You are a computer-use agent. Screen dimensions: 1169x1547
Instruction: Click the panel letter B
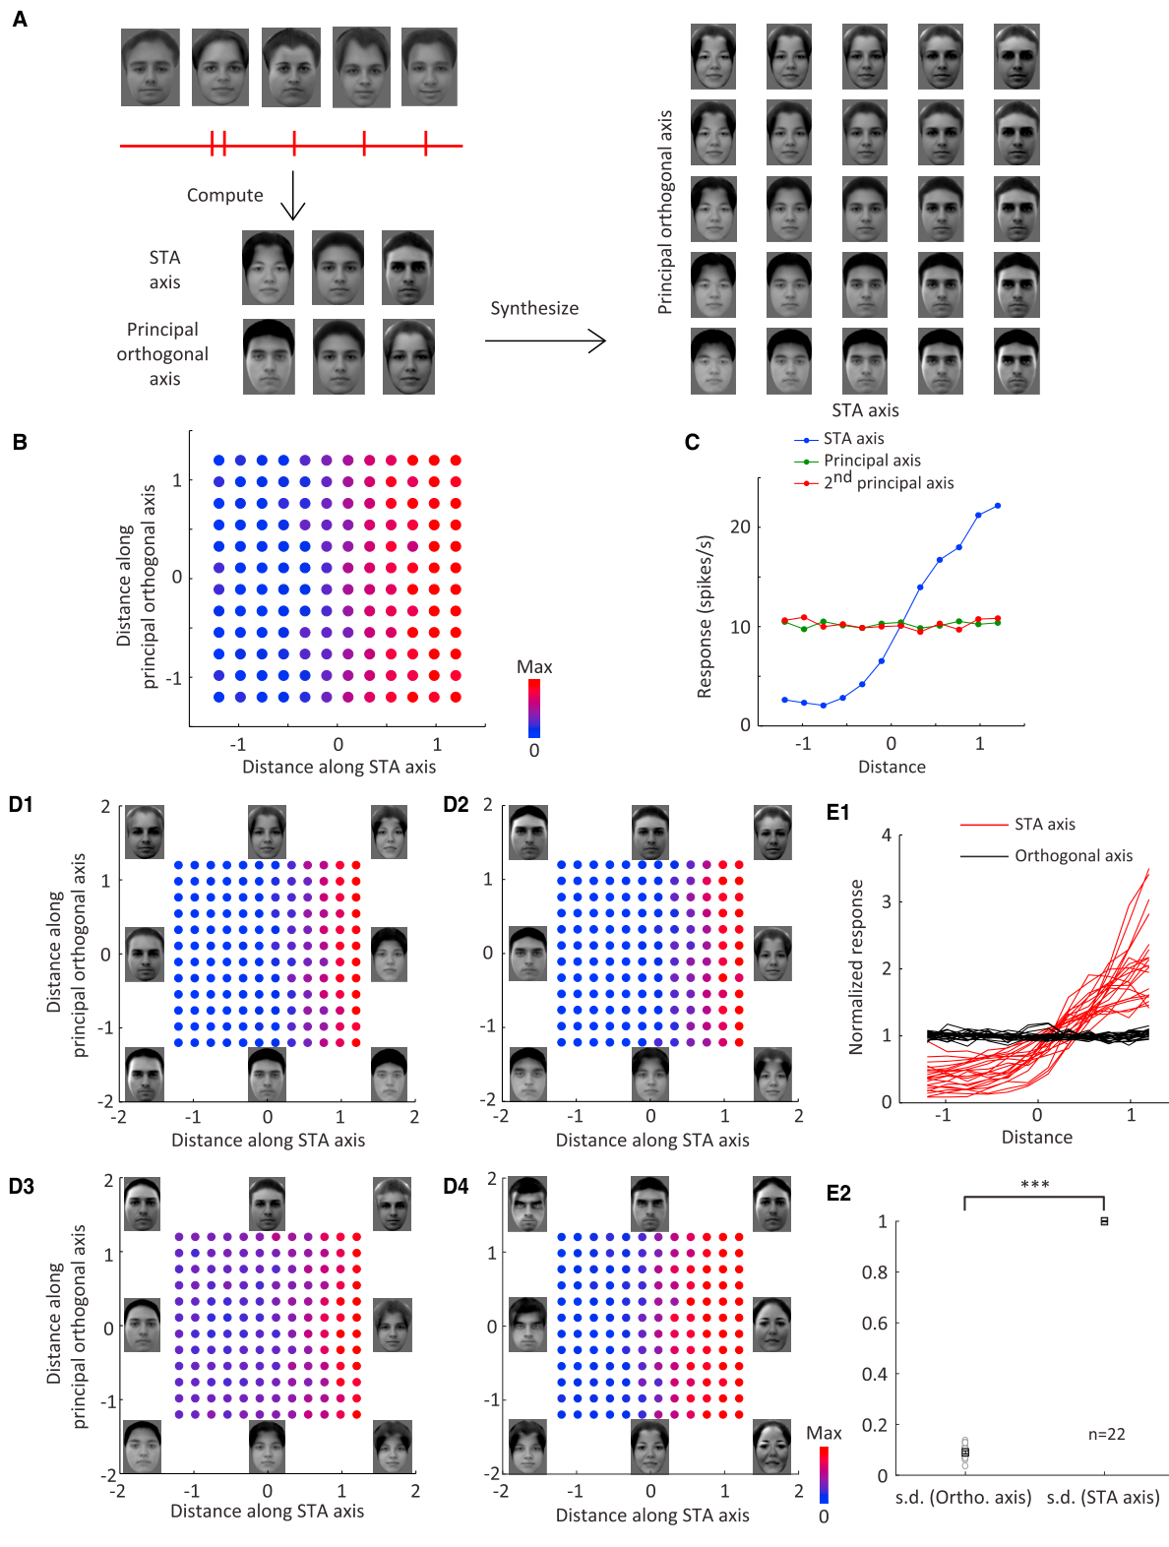point(20,442)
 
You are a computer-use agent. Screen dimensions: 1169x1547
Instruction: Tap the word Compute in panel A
point(224,195)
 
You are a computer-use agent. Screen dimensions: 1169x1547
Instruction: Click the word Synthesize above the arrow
point(534,309)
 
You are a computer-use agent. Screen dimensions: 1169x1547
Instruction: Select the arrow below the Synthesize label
point(545,341)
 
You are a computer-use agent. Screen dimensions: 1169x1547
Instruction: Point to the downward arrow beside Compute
point(293,195)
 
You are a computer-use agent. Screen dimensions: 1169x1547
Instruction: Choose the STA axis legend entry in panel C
point(838,439)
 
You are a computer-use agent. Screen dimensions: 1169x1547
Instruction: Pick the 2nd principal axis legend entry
point(874,482)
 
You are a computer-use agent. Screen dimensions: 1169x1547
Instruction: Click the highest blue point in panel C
point(997,505)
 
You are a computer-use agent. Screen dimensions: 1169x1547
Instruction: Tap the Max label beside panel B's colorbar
point(534,666)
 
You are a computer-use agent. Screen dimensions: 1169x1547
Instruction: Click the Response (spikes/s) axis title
point(704,617)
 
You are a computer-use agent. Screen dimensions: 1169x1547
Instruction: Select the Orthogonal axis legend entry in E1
point(1046,855)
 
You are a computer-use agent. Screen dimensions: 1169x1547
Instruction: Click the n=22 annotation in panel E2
point(1106,1434)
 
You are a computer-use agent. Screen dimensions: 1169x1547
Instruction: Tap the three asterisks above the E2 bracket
point(1035,1184)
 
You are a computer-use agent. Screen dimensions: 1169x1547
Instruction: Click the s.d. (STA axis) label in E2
point(1103,1497)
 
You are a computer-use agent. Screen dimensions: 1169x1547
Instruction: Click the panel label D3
point(21,1187)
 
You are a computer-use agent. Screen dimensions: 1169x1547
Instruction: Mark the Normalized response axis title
point(856,967)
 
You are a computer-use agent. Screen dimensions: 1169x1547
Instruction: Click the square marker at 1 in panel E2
point(1104,1221)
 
